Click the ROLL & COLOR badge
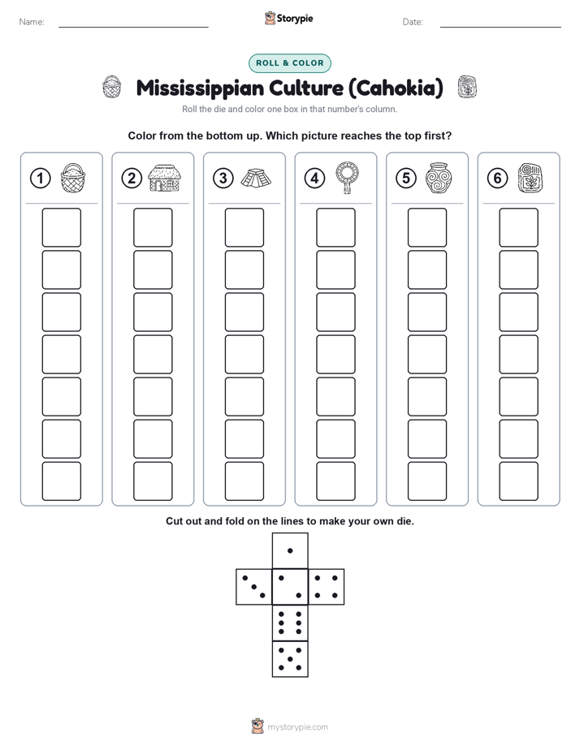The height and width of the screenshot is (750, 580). click(x=289, y=63)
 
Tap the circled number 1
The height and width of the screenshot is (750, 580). click(x=40, y=179)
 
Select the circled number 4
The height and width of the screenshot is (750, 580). click(x=314, y=179)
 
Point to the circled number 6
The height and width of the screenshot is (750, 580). click(x=497, y=179)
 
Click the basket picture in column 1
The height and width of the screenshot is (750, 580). click(x=73, y=178)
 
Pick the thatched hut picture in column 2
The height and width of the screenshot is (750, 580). click(x=164, y=178)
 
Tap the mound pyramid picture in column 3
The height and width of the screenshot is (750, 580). click(x=256, y=179)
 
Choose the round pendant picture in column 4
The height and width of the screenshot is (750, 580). click(x=348, y=178)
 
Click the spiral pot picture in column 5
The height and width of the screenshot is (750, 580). click(x=439, y=178)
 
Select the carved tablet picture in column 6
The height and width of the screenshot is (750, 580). click(x=530, y=179)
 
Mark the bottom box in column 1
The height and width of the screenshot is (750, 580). click(x=61, y=481)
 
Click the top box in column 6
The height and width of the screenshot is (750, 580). click(x=519, y=227)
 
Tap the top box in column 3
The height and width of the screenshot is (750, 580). click(x=244, y=227)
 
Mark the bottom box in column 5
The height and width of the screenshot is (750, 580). click(x=427, y=481)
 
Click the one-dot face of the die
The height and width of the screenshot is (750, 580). click(x=290, y=551)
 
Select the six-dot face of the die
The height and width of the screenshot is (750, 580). click(x=290, y=623)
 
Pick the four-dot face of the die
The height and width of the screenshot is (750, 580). click(x=327, y=587)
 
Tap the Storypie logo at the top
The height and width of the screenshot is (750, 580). click(x=289, y=19)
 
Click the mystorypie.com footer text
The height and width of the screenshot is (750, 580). click(x=297, y=727)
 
